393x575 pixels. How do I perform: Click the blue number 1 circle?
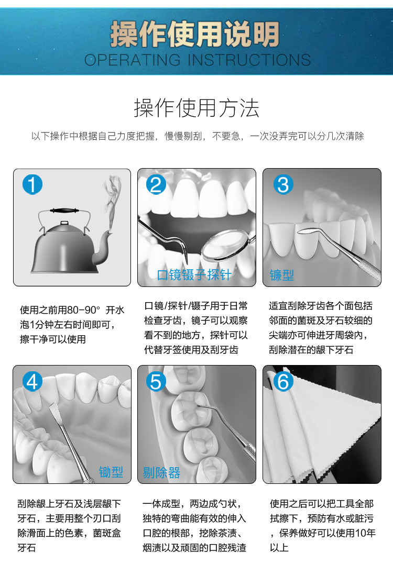(32, 184)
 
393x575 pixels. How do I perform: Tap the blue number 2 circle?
(156, 184)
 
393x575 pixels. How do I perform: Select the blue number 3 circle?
(283, 184)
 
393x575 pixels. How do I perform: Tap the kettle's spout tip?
(110, 232)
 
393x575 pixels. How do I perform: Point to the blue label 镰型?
(282, 274)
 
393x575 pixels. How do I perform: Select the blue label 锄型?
(111, 472)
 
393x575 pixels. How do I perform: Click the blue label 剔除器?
(161, 473)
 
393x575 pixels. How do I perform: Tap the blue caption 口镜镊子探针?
(194, 274)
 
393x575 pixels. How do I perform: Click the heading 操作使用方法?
(196, 108)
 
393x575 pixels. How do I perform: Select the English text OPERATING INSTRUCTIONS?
(198, 60)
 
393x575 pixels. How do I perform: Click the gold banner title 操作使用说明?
(195, 34)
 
